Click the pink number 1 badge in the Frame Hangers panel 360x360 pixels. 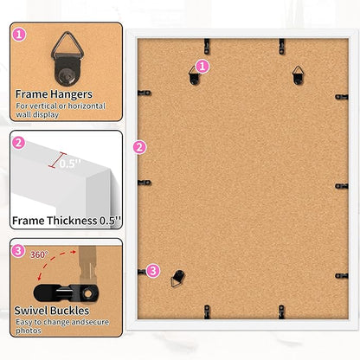pos(19,35)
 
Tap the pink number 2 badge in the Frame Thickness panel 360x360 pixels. pos(19,143)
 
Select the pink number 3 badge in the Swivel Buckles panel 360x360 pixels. pos(18,251)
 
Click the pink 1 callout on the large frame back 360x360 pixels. pos(202,67)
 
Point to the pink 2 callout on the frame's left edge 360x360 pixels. pos(139,147)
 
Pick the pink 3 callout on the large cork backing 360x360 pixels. pos(153,271)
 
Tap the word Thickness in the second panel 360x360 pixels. pos(72,221)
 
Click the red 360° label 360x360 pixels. pos(39,254)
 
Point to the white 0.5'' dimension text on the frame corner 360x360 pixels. pos(70,164)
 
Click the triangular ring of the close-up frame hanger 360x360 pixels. pos(67,45)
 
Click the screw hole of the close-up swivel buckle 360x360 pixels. pos(88,294)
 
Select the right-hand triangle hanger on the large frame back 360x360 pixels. pos(298,75)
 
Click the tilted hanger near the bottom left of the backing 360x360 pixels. pos(177,279)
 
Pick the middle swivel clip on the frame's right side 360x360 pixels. pos(342,186)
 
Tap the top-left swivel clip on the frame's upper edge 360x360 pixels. pos(207,46)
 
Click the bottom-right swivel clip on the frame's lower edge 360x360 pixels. pos(281,312)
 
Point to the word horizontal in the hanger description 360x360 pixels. pos(87,106)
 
